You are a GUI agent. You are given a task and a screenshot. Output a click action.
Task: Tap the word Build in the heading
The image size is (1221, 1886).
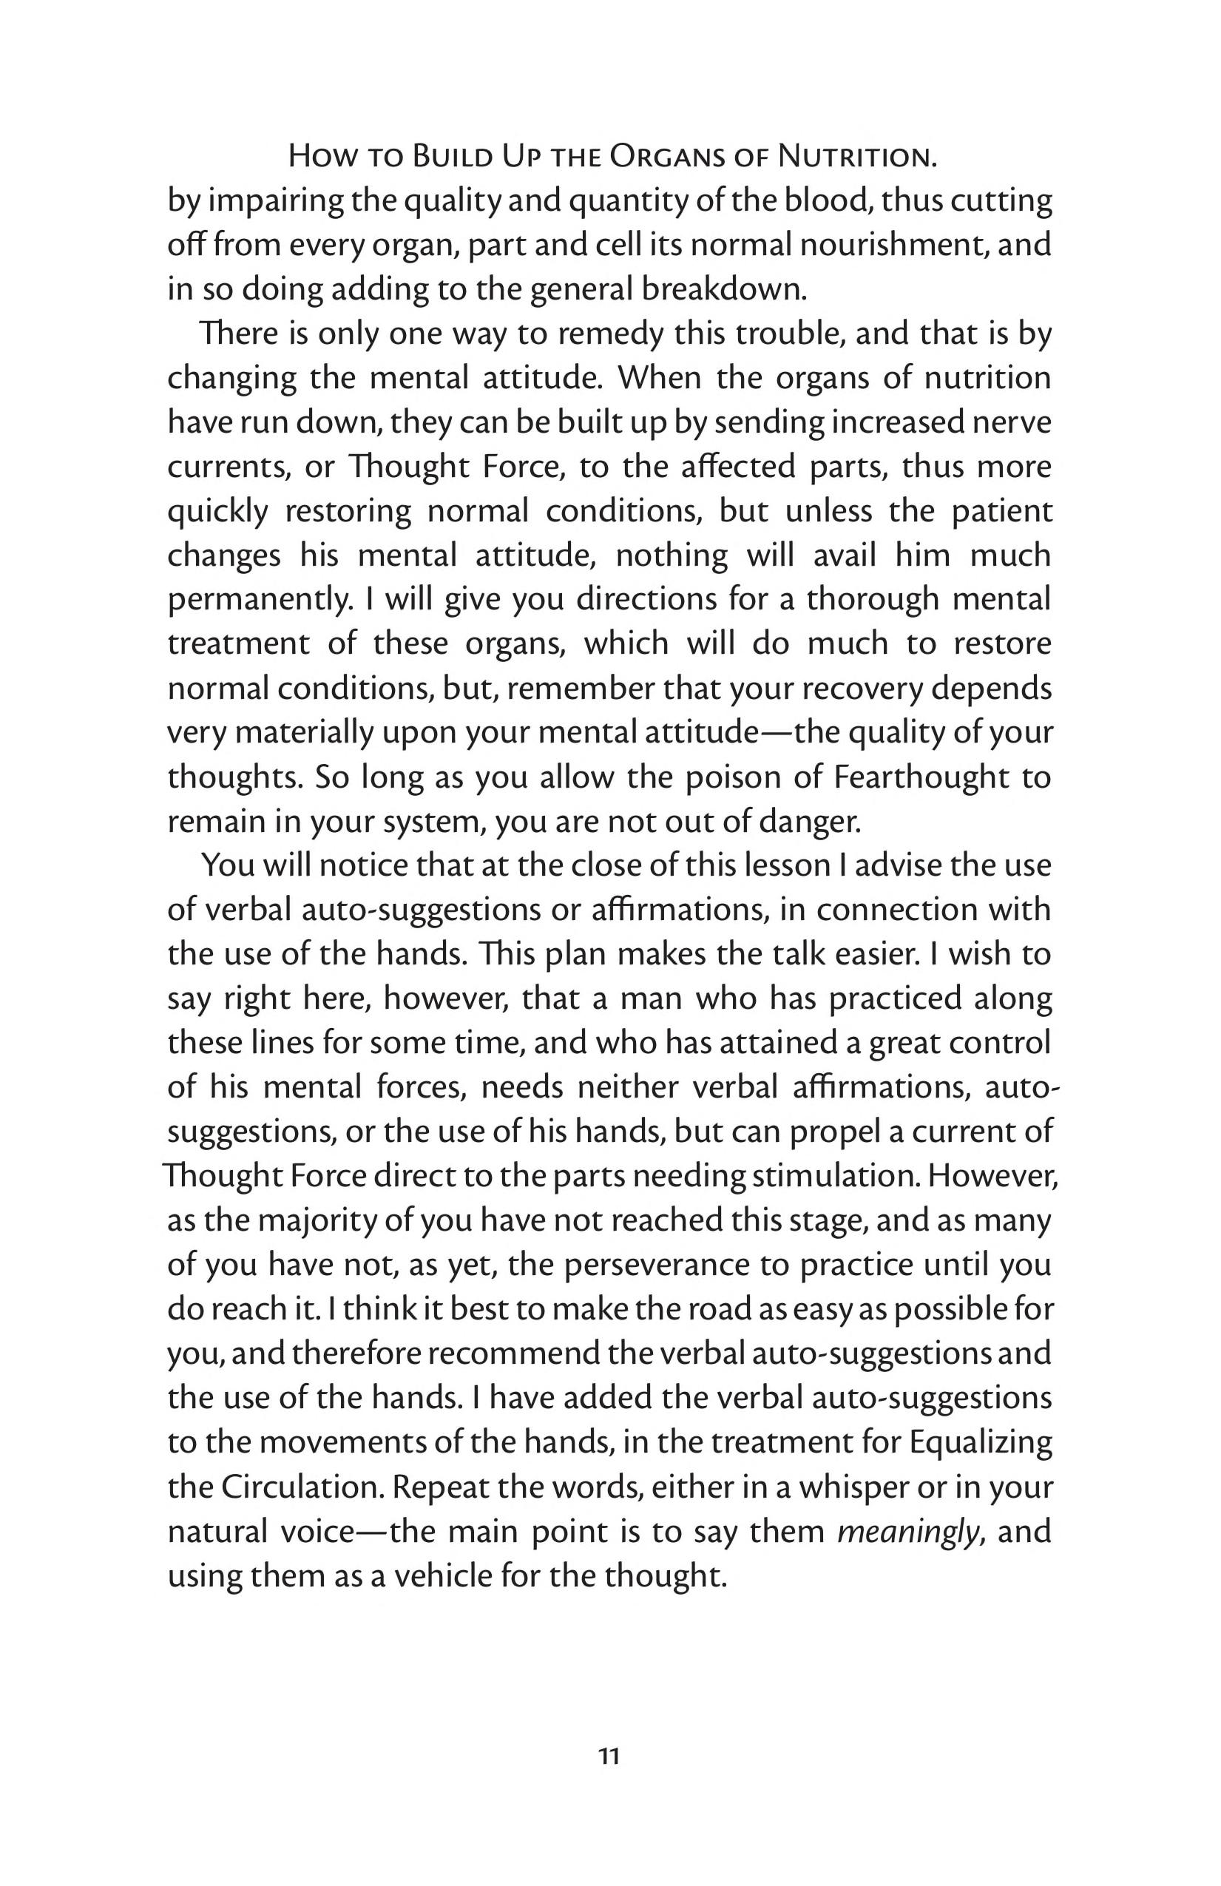(451, 156)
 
